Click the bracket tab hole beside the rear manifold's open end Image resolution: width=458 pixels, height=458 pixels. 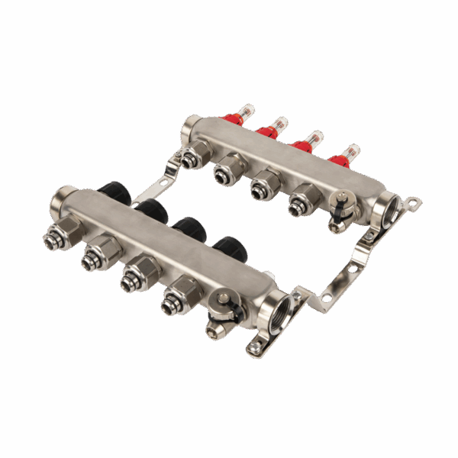point(413,202)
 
